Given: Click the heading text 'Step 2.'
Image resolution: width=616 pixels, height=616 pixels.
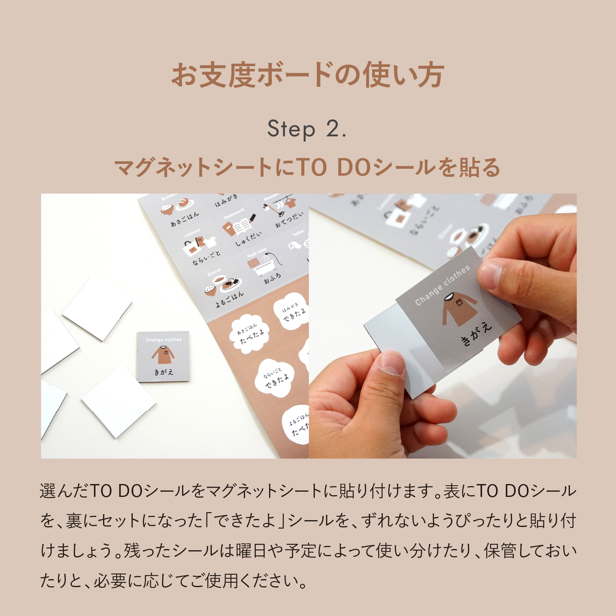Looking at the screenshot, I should tap(306, 129).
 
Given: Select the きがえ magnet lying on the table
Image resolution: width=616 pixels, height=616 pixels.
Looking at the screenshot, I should tap(163, 356).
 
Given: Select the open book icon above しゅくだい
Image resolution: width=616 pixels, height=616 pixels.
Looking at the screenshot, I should tap(240, 226).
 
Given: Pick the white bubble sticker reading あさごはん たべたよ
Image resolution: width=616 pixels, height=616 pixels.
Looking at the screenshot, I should tap(250, 333).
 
